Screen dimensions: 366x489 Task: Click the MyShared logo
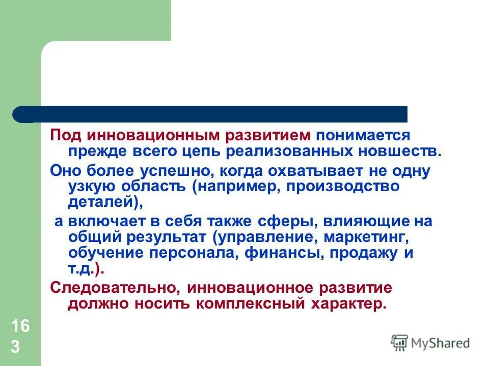430,343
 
